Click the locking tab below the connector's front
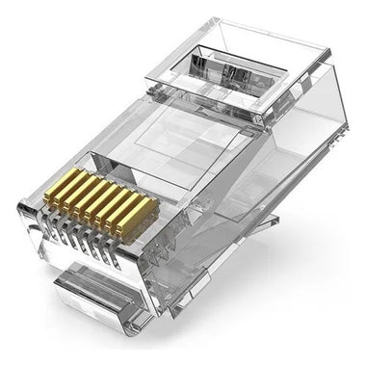coord(96,299)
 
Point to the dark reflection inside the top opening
coord(234,75)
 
